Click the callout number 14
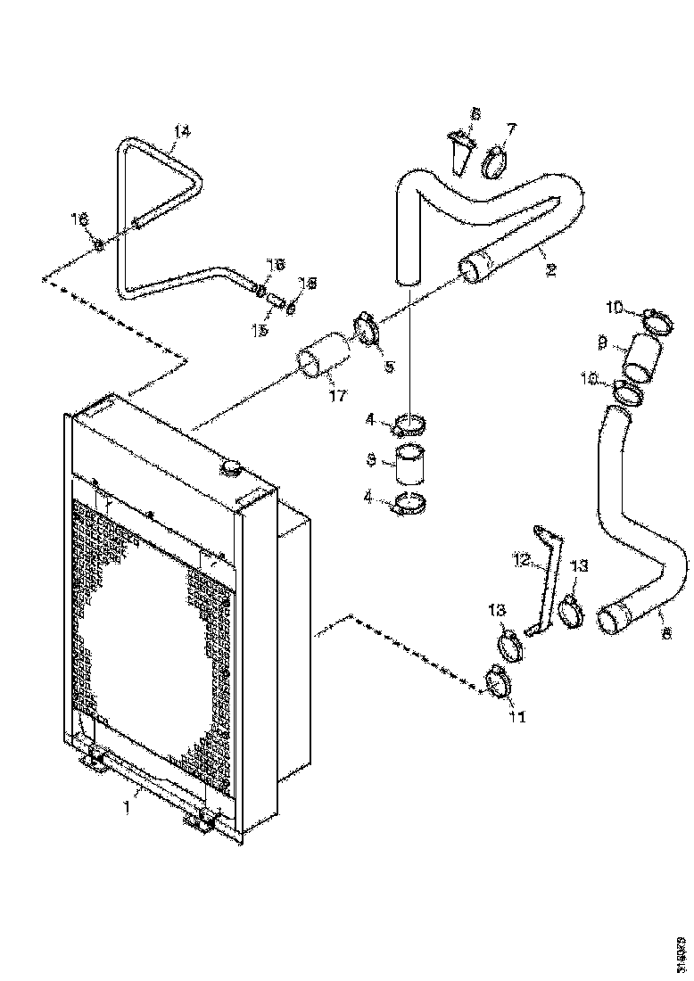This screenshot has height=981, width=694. [x=181, y=131]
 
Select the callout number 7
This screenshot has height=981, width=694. [x=510, y=129]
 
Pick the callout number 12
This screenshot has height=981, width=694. [x=522, y=560]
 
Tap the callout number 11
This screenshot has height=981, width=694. [x=516, y=715]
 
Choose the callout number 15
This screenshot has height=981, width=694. [x=260, y=331]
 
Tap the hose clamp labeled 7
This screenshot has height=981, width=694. [x=495, y=163]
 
